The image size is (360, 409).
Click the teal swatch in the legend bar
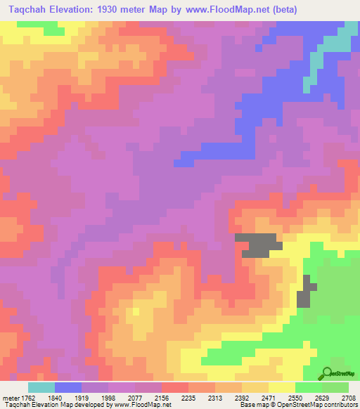(41, 387)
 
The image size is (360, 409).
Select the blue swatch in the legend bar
(68, 387)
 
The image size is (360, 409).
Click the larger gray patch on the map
(260, 245)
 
